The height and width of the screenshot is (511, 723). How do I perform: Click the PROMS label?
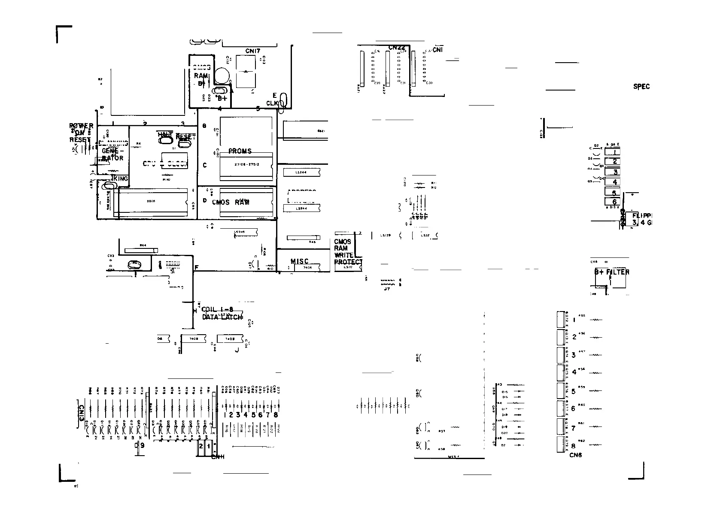point(240,151)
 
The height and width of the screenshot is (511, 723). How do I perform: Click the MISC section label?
point(299,261)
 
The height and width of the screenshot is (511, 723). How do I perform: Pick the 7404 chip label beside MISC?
point(307,268)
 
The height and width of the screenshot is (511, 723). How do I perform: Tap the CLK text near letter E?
point(272,103)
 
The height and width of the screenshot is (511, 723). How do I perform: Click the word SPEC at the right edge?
point(641,86)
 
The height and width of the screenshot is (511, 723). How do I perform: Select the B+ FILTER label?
point(612,272)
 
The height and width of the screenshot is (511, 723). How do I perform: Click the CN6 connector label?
point(575,455)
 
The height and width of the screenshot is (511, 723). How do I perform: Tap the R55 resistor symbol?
point(596,320)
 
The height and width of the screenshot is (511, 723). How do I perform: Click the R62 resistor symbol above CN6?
point(596,445)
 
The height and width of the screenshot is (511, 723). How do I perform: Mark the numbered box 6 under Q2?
point(614,202)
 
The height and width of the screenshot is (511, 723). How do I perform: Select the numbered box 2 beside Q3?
point(615,162)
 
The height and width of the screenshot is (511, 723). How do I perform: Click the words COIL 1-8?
point(217,309)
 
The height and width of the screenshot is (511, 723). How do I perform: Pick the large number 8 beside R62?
point(574,446)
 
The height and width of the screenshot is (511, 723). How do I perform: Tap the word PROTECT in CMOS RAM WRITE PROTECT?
point(348,262)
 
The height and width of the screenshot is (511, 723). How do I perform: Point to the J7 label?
point(387,289)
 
